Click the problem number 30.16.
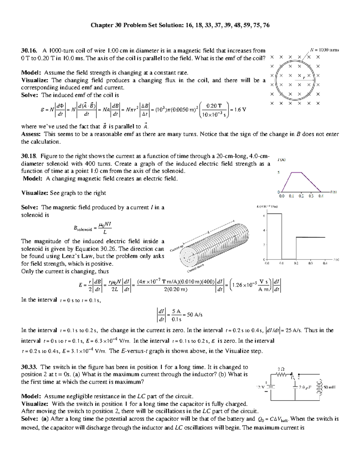coord(29,51)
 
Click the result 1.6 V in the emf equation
coord(240,110)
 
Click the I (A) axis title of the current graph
coord(281,160)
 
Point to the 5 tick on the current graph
coord(278,173)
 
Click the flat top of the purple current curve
coord(296,172)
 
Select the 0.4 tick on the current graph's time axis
coord(321,196)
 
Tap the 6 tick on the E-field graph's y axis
coord(264,216)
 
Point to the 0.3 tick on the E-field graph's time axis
coord(310,263)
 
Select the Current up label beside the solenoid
coord(176,248)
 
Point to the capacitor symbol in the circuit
coord(295,387)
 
